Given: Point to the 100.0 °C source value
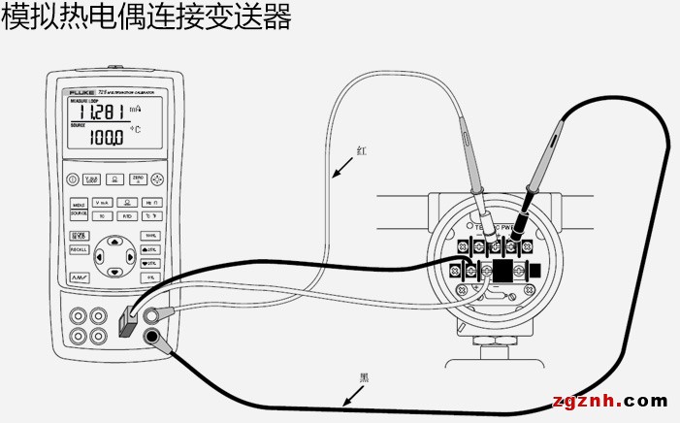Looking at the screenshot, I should tap(107, 139).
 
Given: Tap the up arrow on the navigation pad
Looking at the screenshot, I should tap(115, 240).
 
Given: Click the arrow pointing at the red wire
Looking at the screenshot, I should tap(340, 171).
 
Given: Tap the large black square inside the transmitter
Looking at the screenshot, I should tap(502, 271).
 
